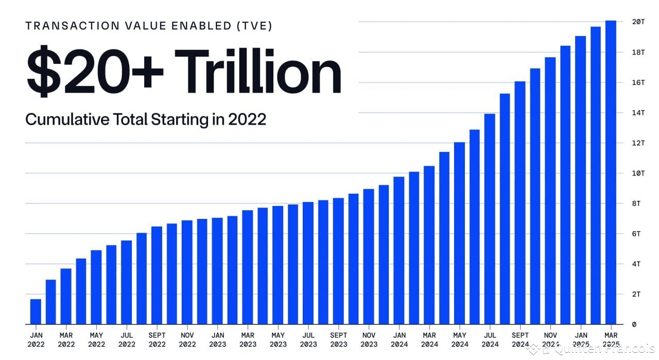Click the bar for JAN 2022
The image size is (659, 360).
point(36,312)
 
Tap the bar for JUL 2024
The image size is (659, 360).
point(490,219)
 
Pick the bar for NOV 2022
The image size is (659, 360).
point(187,272)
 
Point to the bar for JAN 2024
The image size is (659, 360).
point(399,250)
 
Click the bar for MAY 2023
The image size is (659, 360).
point(278,265)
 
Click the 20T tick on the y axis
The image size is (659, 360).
point(638,22)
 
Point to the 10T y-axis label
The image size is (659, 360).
point(638,173)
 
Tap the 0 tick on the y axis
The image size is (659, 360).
point(634,324)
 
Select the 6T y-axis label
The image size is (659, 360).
point(636,234)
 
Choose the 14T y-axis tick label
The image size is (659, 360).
point(638,113)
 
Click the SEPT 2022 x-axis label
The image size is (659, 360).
point(157,339)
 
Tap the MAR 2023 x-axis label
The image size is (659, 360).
point(248,339)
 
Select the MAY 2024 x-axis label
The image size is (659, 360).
point(460,339)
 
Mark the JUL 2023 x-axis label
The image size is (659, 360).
point(308,339)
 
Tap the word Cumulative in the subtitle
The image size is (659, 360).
point(66,119)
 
